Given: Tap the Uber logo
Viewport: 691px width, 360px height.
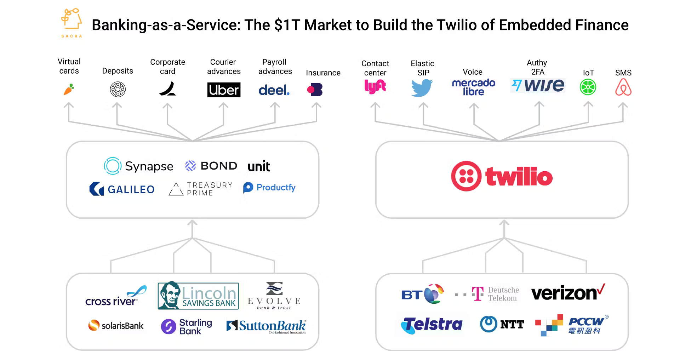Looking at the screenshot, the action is pos(224,90).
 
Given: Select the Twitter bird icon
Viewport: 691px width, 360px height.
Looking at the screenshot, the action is pos(422,87).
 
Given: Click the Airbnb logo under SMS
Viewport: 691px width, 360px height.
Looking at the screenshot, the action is pos(623,87).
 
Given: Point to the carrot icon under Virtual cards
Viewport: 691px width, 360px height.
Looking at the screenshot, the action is pos(69,89).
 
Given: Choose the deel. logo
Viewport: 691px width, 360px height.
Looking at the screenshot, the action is pos(274,90).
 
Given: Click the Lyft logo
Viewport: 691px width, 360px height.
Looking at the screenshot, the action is pos(375,86).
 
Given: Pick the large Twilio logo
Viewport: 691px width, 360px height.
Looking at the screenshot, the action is pos(502,176).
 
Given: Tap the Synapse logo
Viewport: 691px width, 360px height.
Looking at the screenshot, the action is pos(138,166).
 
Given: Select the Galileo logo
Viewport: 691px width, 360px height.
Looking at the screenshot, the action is pos(122,189).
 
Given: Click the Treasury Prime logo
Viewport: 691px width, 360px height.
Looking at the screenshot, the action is pos(200,189).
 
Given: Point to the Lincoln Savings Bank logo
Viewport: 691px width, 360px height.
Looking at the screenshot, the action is pos(198,296).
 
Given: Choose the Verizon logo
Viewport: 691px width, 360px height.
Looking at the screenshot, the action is pos(568,293).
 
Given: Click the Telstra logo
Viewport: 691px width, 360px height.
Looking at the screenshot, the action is pos(432,325).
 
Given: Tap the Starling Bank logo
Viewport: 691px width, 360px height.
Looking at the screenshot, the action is pos(187,326).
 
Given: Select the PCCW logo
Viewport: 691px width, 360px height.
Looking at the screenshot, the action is pos(572,325).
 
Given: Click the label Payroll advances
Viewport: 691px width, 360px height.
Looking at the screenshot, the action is pos(275,67).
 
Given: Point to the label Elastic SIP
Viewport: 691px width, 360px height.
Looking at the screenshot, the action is pos(423,68).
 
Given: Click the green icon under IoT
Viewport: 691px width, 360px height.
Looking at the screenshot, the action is pos(588,87).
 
